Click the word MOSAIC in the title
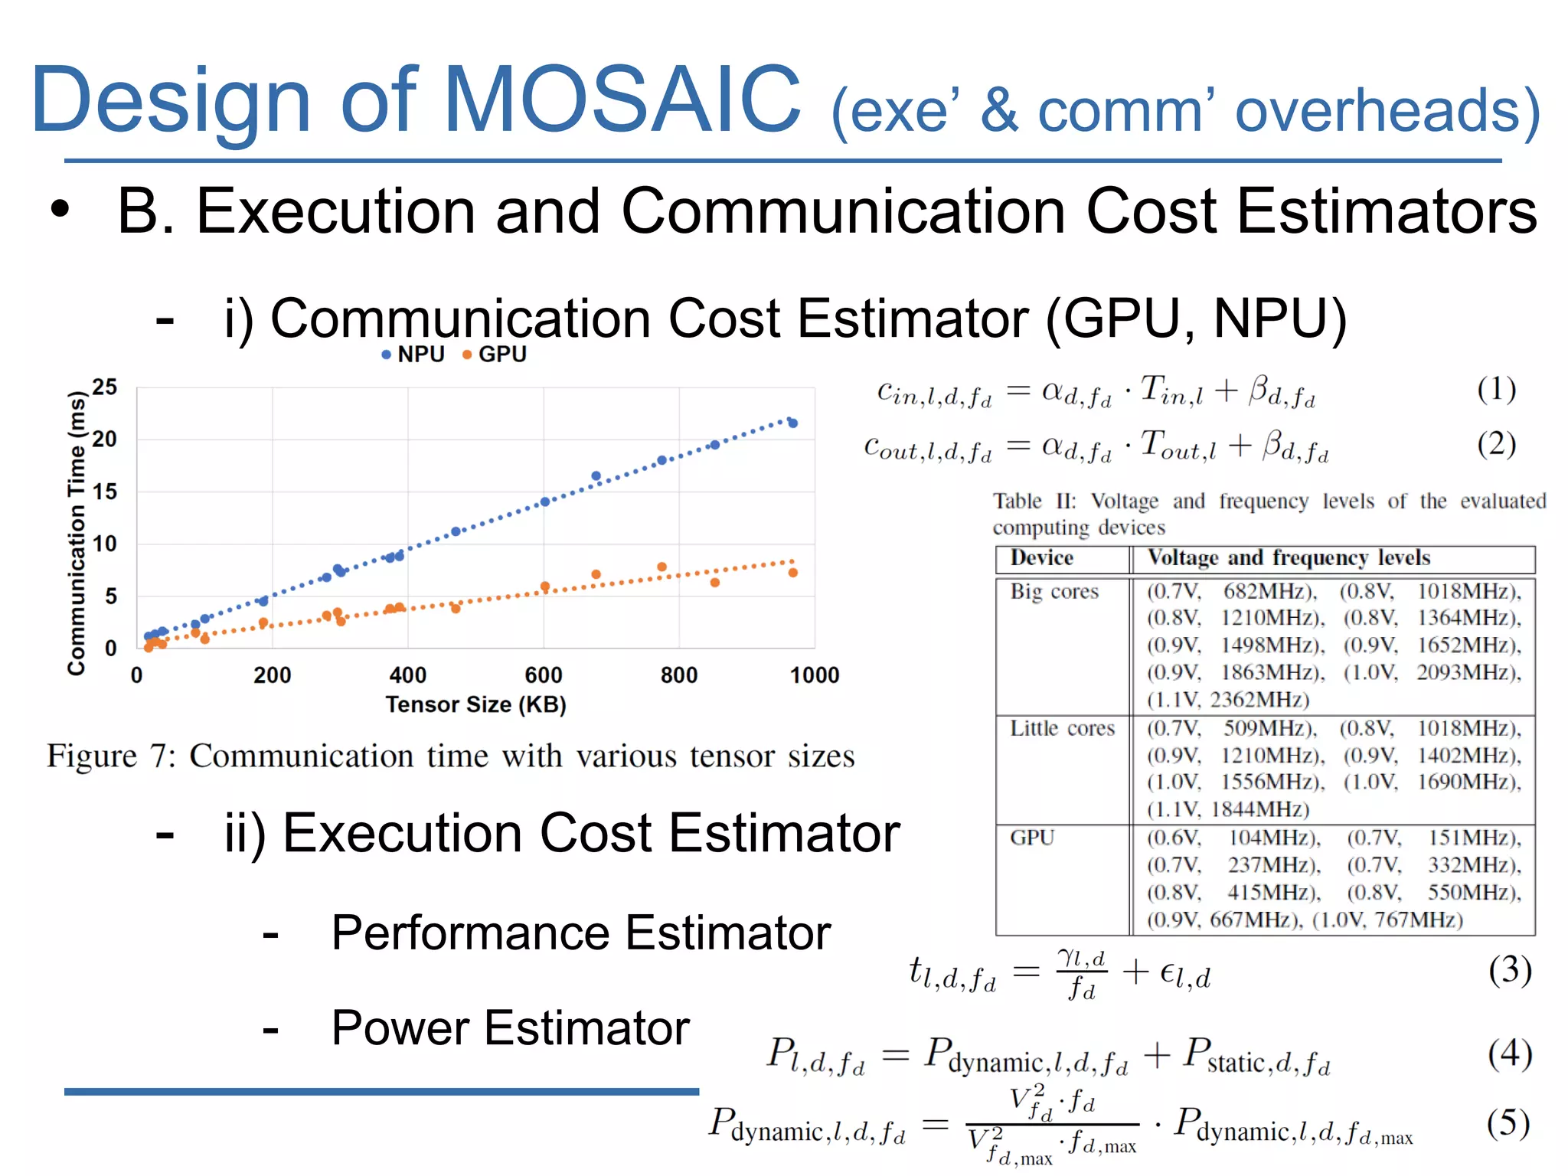coord(622,100)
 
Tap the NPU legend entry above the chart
coord(413,354)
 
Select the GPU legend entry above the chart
coord(495,354)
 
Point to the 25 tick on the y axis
coord(105,387)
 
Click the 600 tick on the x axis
coord(544,675)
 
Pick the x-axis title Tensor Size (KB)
coord(475,704)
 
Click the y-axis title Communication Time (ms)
coord(76,533)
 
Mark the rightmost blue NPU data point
coord(793,423)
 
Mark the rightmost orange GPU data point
coord(793,573)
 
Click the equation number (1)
coord(1496,389)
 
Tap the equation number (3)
coord(1510,971)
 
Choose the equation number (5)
coord(1508,1123)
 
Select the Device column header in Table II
coord(1041,558)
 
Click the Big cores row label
coord(1053,592)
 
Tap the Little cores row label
coord(1062,728)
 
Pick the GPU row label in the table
coord(1032,838)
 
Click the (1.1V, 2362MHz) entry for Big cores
coord(1227,700)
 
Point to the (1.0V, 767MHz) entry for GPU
coord(1387,920)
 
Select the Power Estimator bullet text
coord(510,1027)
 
